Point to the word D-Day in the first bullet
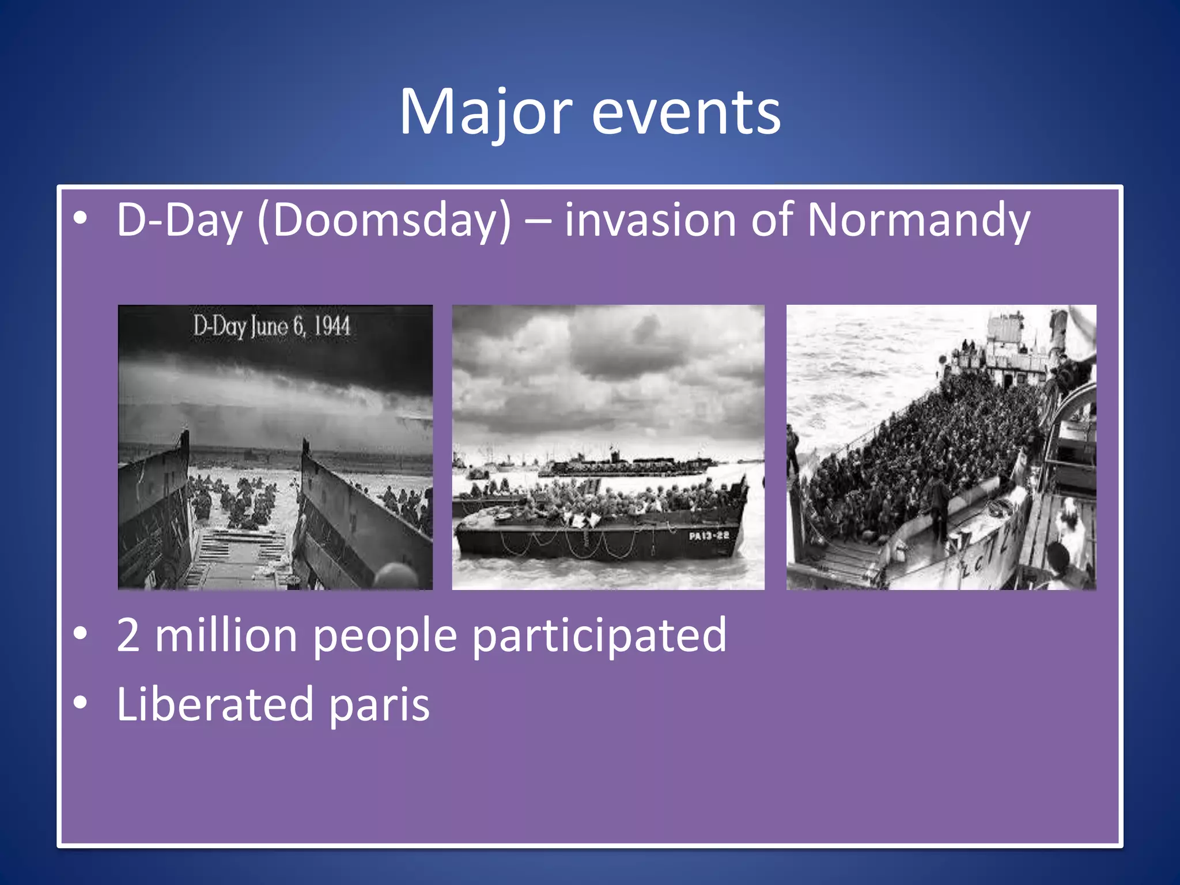pos(179,220)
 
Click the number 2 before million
pos(128,635)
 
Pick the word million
pos(226,635)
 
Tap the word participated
pos(599,635)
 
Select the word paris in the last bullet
pos(379,704)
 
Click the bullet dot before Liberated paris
pos(81,703)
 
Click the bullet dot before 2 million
pos(81,634)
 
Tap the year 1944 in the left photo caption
pos(332,327)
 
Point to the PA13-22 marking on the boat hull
pos(709,536)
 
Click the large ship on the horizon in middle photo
pos(622,464)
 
